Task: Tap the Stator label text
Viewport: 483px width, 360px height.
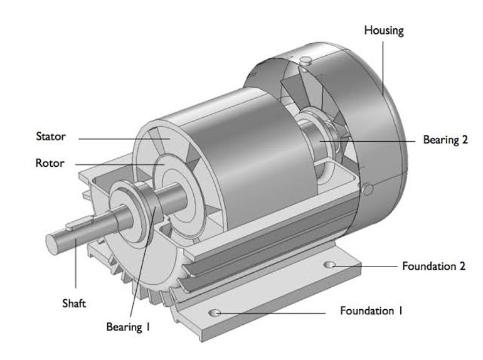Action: (51, 136)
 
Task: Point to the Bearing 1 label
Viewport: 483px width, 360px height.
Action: (129, 327)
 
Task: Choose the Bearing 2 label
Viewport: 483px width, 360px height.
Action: (445, 140)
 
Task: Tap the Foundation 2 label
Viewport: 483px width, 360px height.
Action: (433, 266)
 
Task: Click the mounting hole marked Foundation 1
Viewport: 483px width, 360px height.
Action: (215, 312)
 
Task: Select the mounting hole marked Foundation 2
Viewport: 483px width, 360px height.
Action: (328, 265)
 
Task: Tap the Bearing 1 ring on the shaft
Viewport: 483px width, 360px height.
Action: (145, 204)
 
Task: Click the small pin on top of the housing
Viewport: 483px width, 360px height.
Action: (305, 61)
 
